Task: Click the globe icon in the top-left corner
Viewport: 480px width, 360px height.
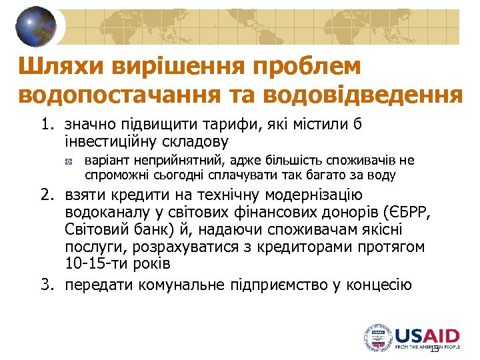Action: point(37,27)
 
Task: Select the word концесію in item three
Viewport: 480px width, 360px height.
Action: point(380,286)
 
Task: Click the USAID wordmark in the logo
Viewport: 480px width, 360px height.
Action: point(426,336)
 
